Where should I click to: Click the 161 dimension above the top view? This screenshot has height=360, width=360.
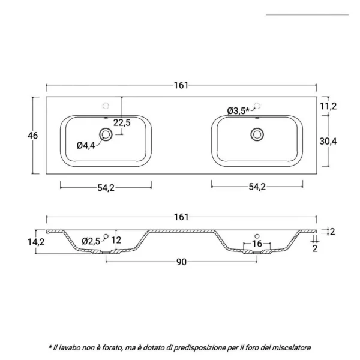(x=181, y=85)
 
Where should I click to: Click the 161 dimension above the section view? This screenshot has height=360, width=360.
(x=181, y=217)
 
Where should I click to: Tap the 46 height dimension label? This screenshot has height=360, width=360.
(x=32, y=136)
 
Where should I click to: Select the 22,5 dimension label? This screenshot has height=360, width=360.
(x=122, y=122)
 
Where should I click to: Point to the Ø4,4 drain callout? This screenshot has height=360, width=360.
(x=86, y=145)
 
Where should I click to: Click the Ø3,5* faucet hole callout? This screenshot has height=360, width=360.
(x=238, y=111)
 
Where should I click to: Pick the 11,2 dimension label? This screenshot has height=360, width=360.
(x=328, y=106)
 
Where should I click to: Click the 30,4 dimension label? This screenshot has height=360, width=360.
(x=328, y=141)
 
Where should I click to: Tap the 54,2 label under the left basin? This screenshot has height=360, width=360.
(x=106, y=188)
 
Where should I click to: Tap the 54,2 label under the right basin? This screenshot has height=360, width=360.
(x=257, y=187)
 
